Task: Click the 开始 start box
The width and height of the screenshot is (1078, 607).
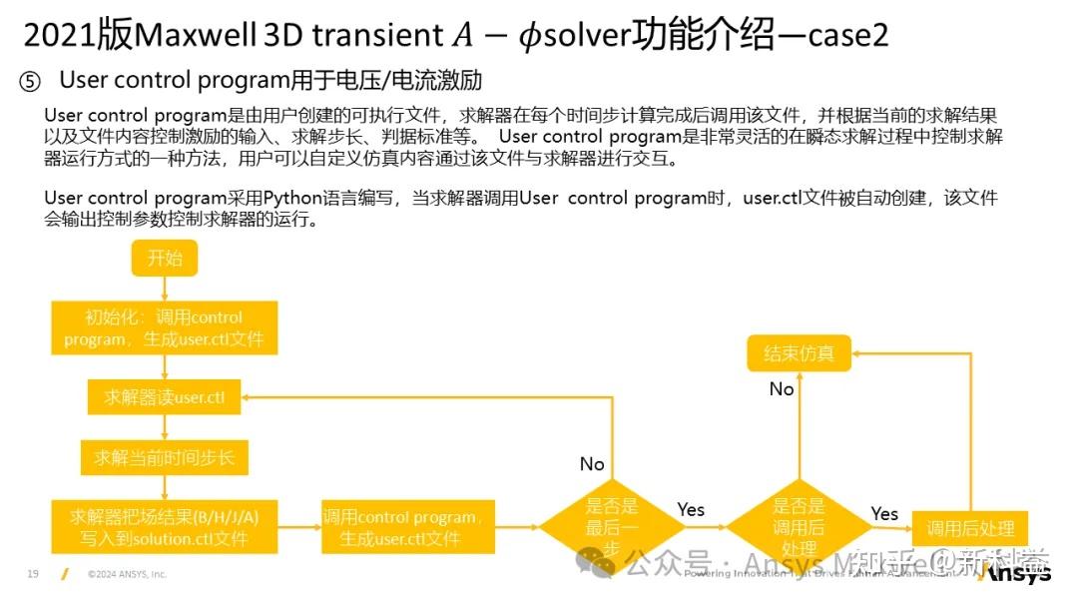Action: [x=165, y=259]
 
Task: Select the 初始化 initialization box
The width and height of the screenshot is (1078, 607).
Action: [x=164, y=328]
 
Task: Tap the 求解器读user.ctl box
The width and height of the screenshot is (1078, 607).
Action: [x=165, y=397]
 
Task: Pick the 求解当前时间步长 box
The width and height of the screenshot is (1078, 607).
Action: [x=164, y=458]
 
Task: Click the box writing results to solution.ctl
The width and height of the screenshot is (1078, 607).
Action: [x=164, y=527]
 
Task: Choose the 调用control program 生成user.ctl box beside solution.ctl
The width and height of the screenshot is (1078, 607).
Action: [x=407, y=527]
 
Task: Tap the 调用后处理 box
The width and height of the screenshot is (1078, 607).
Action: [x=970, y=528]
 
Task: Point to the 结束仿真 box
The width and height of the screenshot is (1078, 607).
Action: [x=799, y=353]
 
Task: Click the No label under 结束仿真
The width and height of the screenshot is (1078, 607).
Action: [x=782, y=389]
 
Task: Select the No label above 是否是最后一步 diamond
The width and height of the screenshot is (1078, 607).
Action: [x=592, y=464]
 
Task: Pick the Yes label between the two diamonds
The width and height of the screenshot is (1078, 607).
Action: [x=691, y=510]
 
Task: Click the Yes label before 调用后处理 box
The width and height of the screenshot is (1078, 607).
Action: [x=884, y=513]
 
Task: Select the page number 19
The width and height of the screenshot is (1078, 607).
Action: [x=33, y=574]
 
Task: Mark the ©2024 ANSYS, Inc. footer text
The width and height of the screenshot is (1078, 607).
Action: [x=127, y=574]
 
